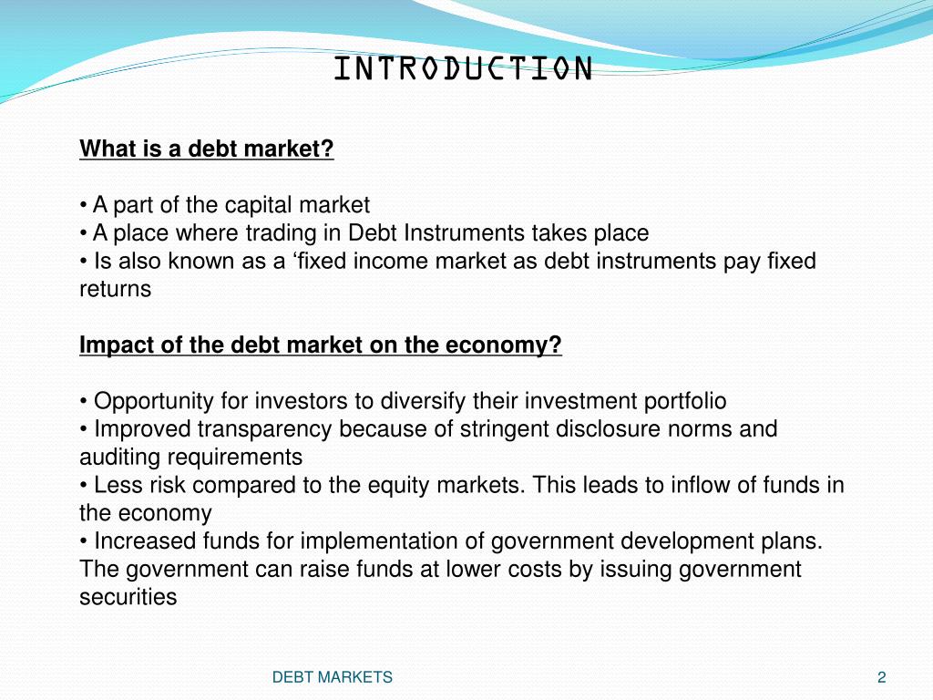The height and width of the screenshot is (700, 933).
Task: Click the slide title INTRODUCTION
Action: [463, 68]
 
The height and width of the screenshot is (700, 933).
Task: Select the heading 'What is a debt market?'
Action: [207, 149]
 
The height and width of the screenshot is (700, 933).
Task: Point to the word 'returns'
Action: [115, 289]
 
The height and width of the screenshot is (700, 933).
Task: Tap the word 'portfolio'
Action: [686, 401]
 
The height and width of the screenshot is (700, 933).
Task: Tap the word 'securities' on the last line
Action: [128, 597]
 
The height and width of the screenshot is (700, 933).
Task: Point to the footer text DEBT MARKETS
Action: [333, 677]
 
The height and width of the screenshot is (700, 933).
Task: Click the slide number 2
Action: [881, 677]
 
